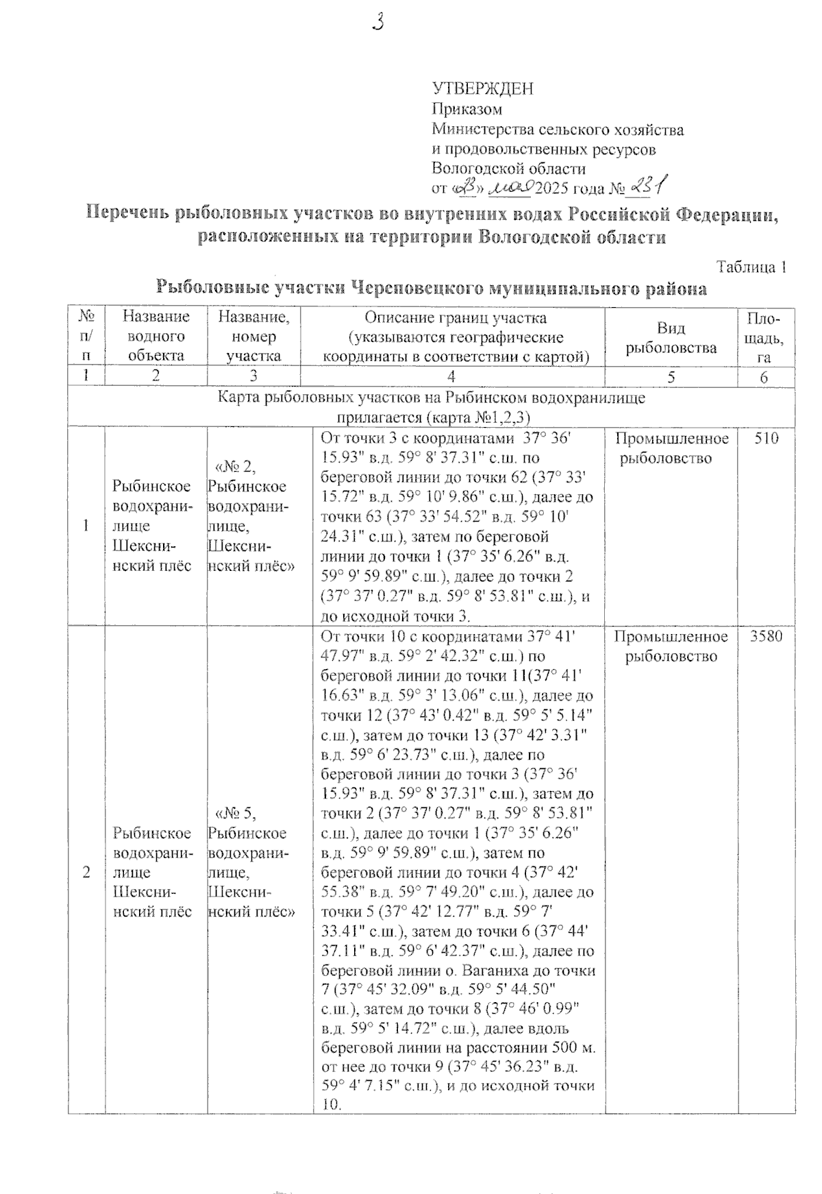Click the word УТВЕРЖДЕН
[x=482, y=89]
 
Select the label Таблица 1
[x=750, y=268]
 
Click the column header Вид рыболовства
[x=671, y=338]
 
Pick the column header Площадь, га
[x=766, y=337]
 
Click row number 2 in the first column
[x=86, y=873]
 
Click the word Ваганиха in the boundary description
[x=490, y=971]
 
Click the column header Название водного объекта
[x=155, y=336]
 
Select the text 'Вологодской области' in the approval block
[x=508, y=168]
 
